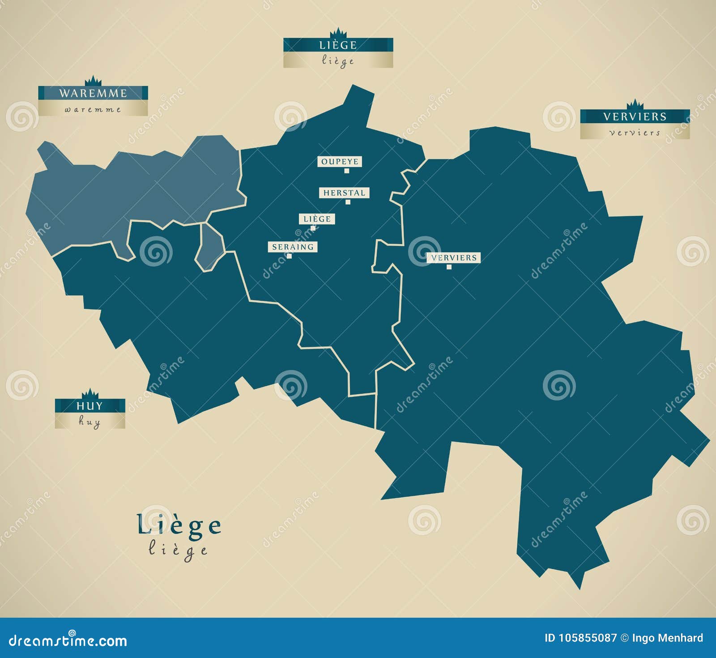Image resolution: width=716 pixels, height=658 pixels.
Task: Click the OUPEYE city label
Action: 340,162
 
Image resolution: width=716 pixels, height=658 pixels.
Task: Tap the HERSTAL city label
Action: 344,193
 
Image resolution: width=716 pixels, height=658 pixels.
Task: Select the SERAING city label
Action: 293,247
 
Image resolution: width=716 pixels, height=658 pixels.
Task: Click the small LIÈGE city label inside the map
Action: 317,219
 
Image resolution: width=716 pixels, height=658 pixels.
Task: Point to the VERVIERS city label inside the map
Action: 454,258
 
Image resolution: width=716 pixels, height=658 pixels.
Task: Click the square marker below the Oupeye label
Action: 346,171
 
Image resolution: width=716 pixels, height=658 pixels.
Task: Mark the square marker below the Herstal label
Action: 348,202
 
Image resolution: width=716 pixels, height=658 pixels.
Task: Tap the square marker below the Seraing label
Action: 290,256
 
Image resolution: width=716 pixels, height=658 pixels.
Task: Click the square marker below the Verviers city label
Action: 449,267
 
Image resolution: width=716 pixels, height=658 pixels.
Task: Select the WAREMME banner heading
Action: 93,93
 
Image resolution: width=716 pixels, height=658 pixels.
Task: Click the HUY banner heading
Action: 89,406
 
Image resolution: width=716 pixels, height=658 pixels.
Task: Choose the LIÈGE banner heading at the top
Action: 338,45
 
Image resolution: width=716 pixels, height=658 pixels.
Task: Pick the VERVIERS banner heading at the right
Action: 635,116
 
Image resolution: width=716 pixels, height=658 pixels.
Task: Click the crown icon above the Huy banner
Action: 90,393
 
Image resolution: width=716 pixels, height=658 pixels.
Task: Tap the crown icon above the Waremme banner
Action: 93,81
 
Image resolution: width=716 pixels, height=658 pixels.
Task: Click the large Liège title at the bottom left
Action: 179,525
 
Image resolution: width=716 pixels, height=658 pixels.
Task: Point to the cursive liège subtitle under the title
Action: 178,550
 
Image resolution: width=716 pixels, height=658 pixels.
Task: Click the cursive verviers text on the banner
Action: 635,133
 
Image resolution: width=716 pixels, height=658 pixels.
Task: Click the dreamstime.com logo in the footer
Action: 68,641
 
